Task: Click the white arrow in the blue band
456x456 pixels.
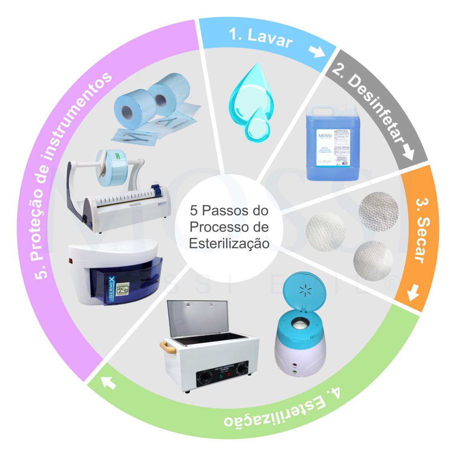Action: tap(317, 52)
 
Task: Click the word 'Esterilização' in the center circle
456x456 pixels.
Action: tap(229, 243)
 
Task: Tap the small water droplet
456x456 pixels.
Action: tap(257, 124)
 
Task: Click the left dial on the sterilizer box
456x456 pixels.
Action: tap(206, 377)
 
